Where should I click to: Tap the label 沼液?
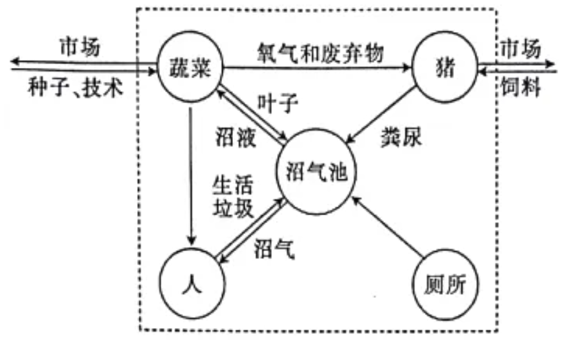tap(235, 138)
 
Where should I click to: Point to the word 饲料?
tap(519, 86)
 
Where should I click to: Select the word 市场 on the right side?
tap(520, 47)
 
